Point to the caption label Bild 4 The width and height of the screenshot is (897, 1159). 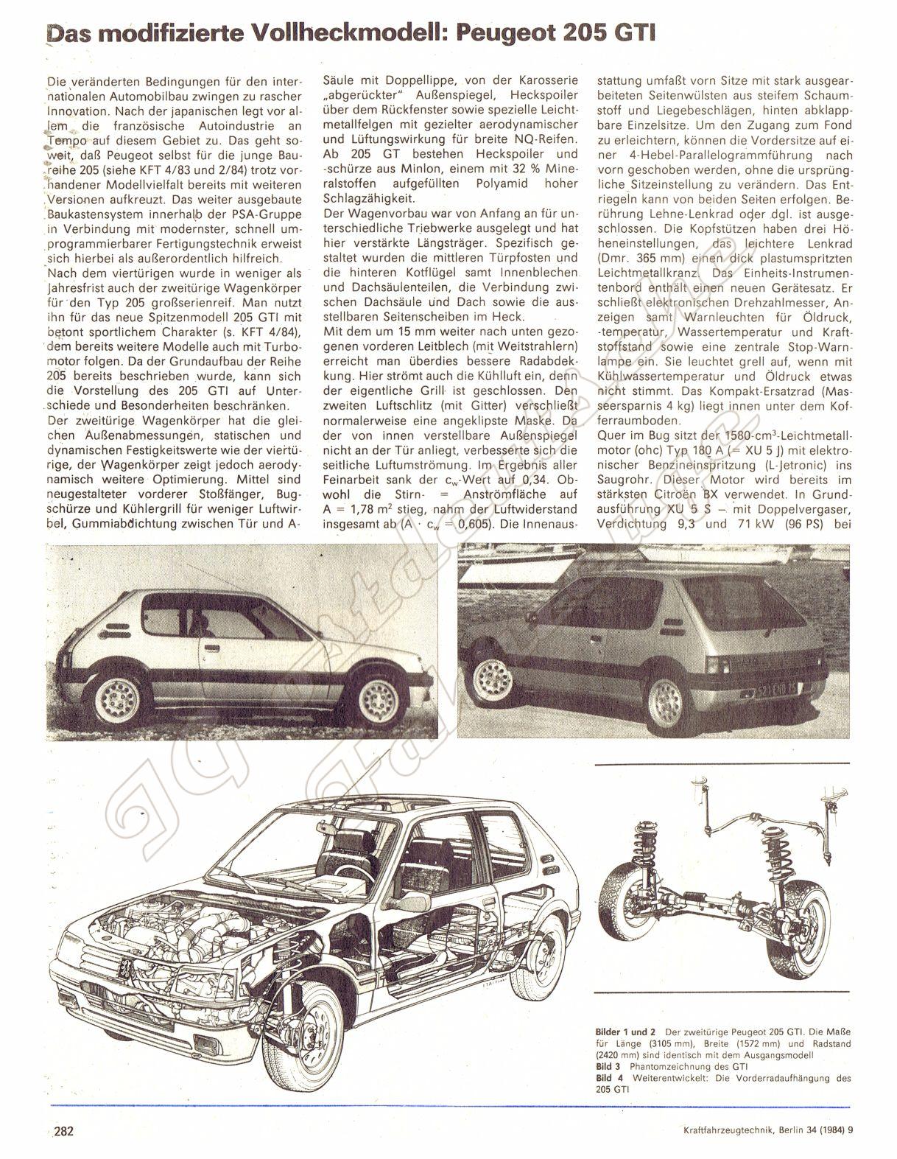click(x=609, y=1078)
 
